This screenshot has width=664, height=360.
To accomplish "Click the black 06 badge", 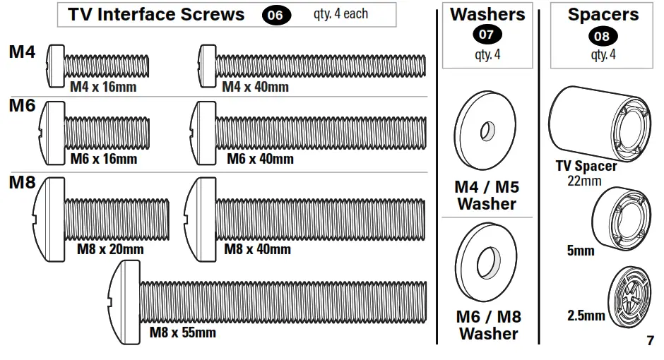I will pos(276,16).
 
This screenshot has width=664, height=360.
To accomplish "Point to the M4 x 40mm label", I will pos(255,87).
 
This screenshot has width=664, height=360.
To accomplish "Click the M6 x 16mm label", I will pos(104,159).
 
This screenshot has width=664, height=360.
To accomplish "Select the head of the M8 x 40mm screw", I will pos(200,211).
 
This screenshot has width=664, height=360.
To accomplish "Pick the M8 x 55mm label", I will pos(182,332).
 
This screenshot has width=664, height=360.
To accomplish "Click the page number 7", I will pos(650,341).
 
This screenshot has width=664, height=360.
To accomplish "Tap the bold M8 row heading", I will pos(22,183).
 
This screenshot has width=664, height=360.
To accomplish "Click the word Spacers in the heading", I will pos(603,14).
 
